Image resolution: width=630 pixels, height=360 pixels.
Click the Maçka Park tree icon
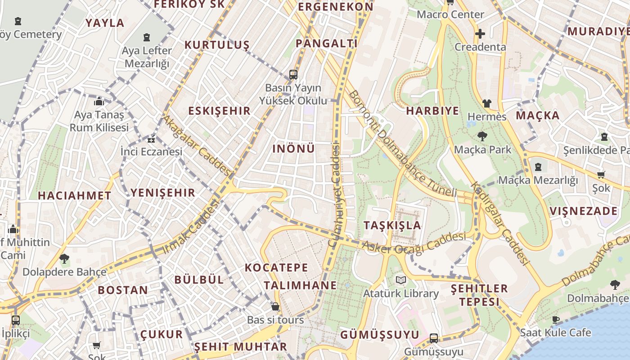click(x=482, y=136)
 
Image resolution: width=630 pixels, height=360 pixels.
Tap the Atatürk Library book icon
click(x=400, y=280)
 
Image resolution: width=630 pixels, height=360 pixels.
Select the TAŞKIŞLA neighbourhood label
click(x=392, y=225)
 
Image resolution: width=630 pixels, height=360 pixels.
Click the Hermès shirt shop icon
click(x=486, y=103)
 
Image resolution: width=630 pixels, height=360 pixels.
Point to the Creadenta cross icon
click(x=480, y=34)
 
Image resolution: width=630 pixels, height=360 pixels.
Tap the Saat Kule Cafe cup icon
click(x=556, y=319)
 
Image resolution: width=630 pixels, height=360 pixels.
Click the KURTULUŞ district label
click(x=217, y=45)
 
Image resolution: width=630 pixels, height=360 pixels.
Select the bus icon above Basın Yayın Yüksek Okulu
click(x=293, y=74)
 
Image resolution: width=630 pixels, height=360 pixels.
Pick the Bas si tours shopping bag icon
click(x=275, y=307)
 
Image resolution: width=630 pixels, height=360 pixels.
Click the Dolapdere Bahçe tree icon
click(x=64, y=259)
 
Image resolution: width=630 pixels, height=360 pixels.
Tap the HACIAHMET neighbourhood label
click(x=74, y=196)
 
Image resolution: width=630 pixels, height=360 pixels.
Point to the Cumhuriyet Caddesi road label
click(x=333, y=194)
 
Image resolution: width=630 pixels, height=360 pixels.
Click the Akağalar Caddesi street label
click(x=197, y=145)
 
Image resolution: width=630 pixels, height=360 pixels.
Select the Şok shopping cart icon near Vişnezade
click(x=601, y=175)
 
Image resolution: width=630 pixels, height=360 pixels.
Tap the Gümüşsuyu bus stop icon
click(x=434, y=338)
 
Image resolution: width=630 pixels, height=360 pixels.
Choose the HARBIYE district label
click(x=432, y=111)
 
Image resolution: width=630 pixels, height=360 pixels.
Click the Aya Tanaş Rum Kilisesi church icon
click(x=99, y=101)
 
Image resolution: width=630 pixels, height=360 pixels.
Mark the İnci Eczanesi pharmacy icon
click(x=151, y=139)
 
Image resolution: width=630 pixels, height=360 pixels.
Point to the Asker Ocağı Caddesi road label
click(x=414, y=243)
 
